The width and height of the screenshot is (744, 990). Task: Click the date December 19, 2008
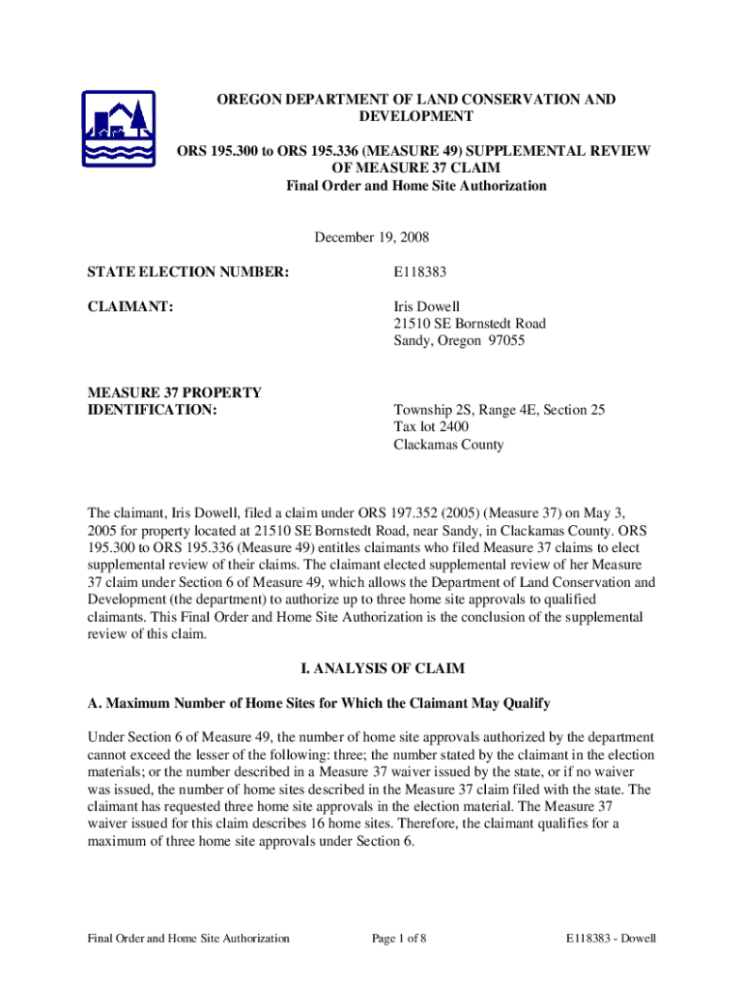tap(372, 237)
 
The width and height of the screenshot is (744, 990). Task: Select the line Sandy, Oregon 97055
tap(459, 341)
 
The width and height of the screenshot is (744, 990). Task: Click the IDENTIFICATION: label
tap(152, 410)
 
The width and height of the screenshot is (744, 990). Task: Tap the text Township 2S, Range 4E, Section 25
tap(499, 410)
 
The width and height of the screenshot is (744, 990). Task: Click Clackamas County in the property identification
tap(448, 445)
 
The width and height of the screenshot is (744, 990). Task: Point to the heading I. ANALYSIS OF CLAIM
tap(372, 668)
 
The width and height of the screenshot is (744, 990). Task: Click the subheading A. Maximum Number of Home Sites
tap(320, 702)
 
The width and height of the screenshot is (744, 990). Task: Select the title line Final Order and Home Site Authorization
tap(416, 186)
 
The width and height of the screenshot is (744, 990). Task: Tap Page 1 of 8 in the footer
tap(399, 938)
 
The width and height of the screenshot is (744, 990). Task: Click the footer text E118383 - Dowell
tap(612, 938)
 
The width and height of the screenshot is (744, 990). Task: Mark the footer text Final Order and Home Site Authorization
tap(188, 938)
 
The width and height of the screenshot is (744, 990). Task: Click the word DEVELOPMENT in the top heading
tap(416, 116)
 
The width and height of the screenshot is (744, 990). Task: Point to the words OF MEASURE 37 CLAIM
tap(416, 168)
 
